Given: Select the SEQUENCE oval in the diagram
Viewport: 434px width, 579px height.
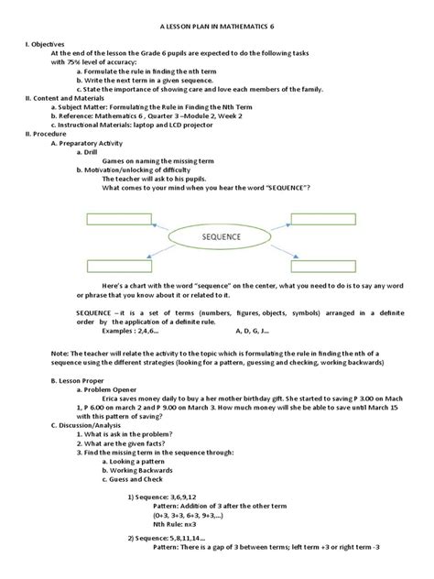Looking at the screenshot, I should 217,237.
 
